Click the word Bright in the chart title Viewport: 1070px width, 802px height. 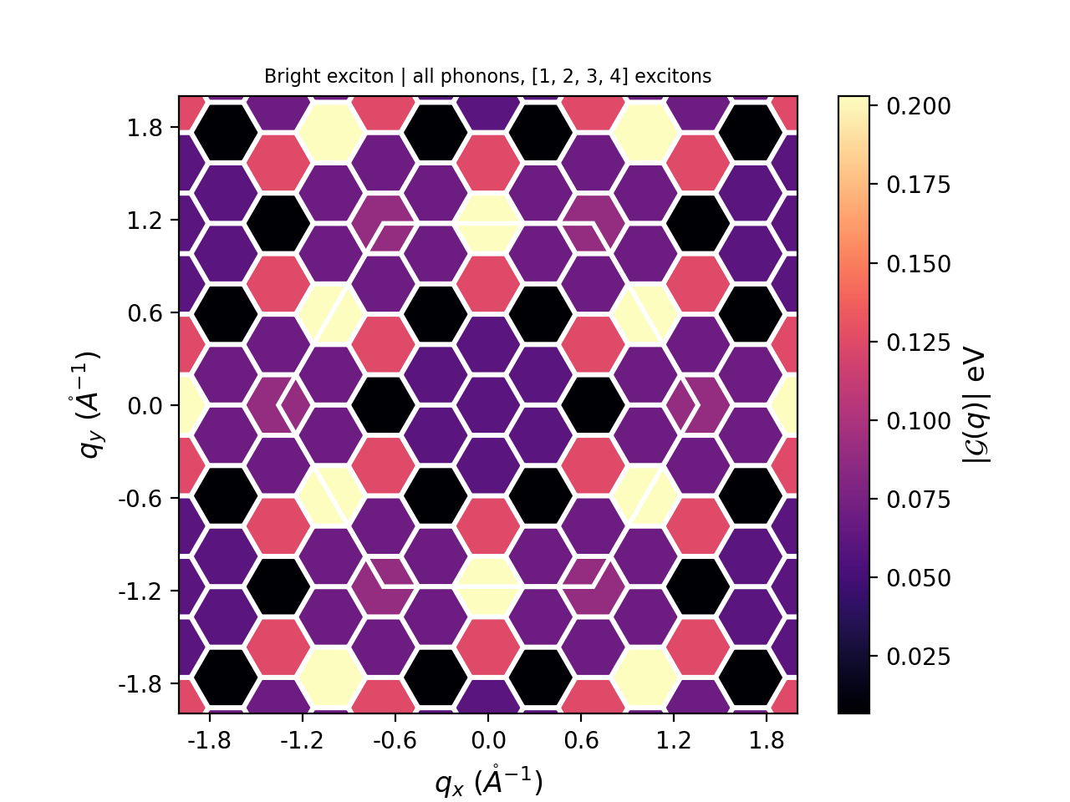tap(287, 77)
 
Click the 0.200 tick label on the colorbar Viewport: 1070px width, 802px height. tap(919, 106)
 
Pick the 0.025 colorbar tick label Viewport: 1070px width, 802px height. tap(919, 657)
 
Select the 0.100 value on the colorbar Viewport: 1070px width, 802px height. tap(919, 421)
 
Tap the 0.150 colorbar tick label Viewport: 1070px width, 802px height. tap(919, 264)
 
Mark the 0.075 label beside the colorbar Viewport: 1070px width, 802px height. tap(919, 500)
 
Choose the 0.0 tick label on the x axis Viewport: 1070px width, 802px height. tap(488, 740)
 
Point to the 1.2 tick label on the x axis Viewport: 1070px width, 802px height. tap(674, 740)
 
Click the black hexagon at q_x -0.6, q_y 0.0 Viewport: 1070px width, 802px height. tap(383, 405)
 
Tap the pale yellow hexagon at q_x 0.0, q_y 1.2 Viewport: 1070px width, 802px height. tap(488, 223)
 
